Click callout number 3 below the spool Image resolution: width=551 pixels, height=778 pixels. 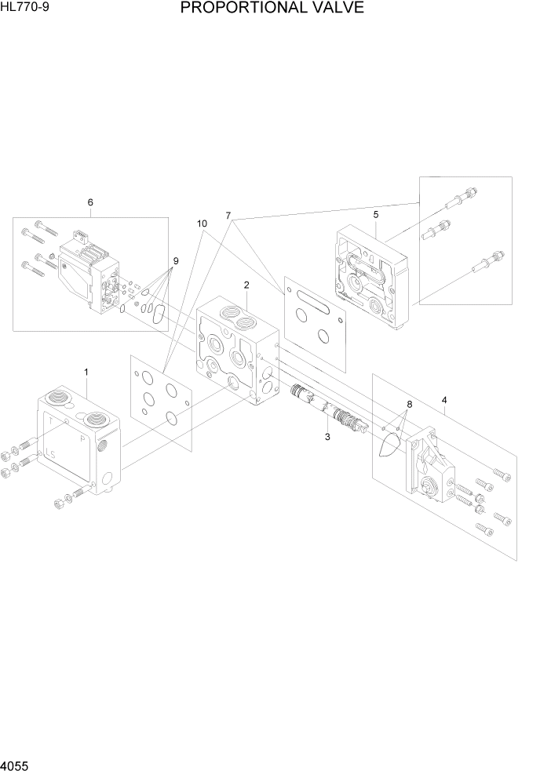[327, 437]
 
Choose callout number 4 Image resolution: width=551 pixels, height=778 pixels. [444, 400]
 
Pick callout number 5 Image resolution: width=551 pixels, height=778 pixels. [376, 213]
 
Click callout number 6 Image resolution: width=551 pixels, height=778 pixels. [90, 202]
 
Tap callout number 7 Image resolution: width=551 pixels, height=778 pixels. [228, 215]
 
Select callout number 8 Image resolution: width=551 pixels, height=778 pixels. [408, 405]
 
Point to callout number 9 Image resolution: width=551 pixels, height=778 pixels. [176, 261]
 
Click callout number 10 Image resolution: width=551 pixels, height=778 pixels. [202, 224]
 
